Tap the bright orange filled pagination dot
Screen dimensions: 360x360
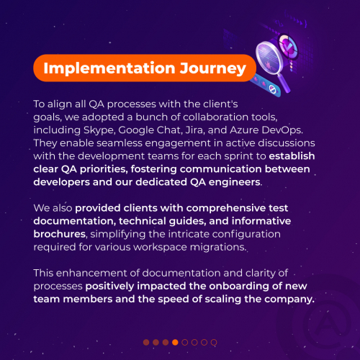(x=175, y=342)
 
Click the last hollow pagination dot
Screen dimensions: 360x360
(x=214, y=342)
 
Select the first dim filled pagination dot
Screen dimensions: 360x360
(x=146, y=342)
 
